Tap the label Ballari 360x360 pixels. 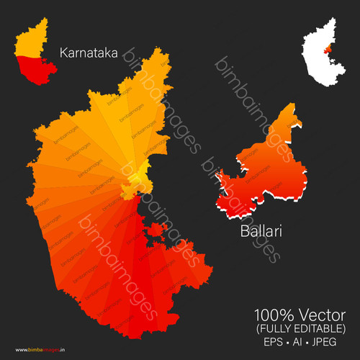[x=261, y=233]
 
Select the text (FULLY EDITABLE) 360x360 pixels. [x=300, y=328]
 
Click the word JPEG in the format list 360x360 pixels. [x=328, y=341]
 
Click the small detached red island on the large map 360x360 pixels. [x=155, y=230]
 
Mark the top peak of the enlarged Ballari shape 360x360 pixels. [x=295, y=127]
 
